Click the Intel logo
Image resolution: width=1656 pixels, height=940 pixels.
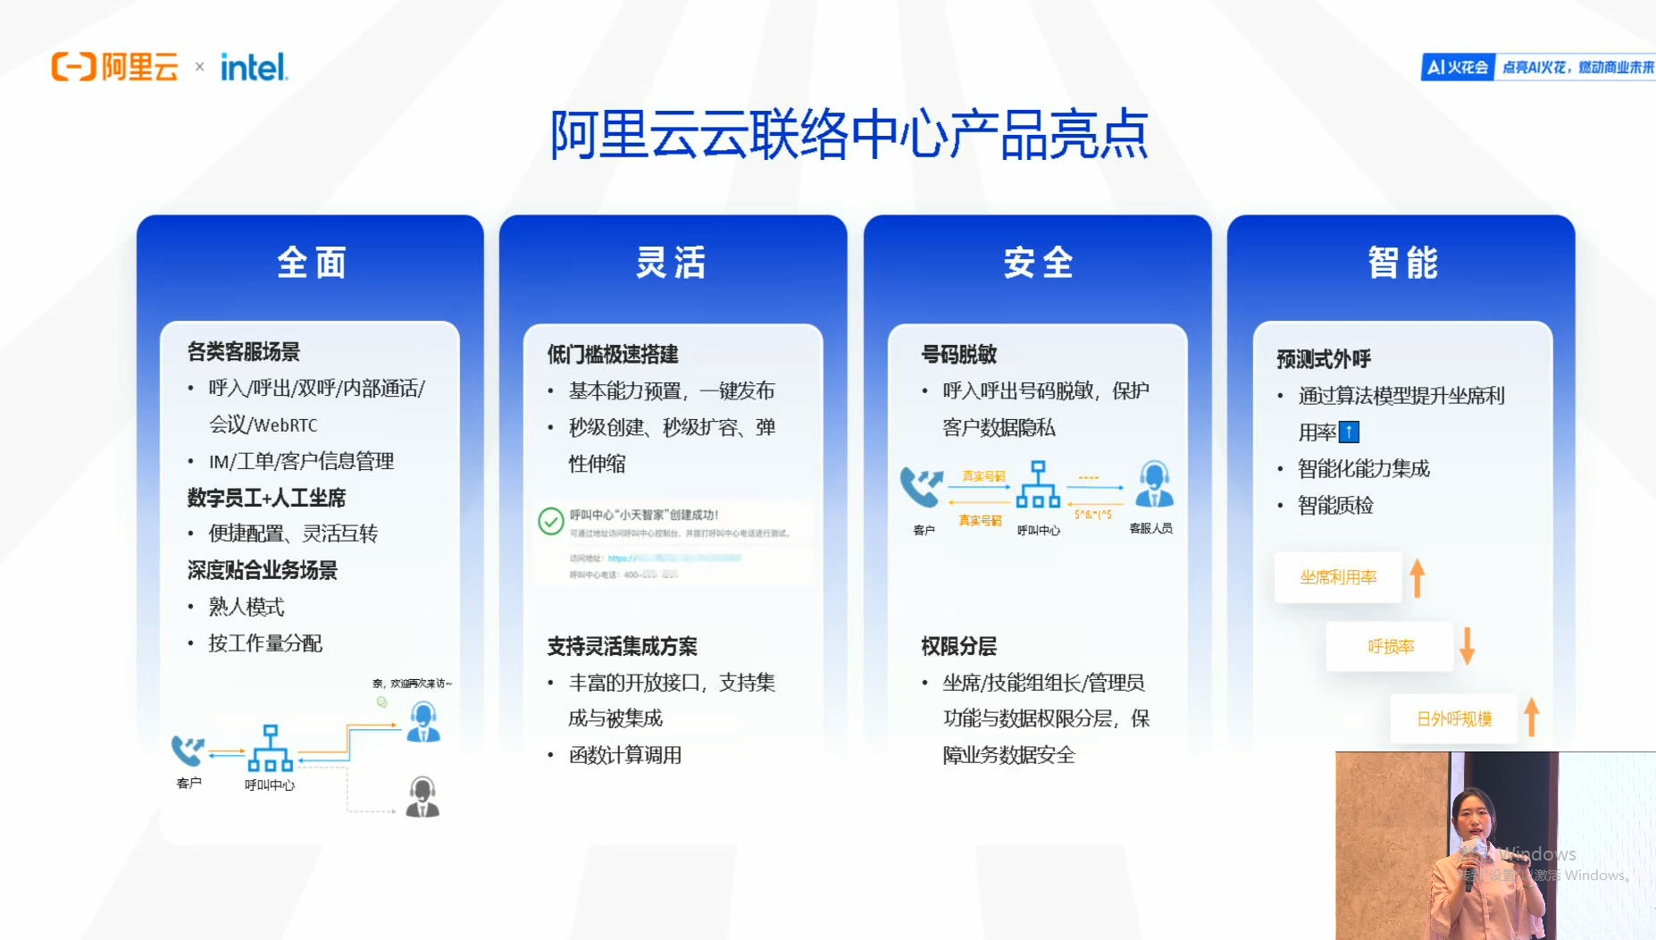pyautogui.click(x=254, y=67)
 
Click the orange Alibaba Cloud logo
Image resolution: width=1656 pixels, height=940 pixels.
pyautogui.click(x=115, y=67)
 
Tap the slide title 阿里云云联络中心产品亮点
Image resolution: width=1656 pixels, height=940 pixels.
pyautogui.click(x=849, y=135)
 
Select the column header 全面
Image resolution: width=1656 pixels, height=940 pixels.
pyautogui.click(x=311, y=263)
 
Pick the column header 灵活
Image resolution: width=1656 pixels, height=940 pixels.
pyautogui.click(x=672, y=263)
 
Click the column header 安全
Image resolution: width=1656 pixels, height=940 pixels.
pyautogui.click(x=1038, y=263)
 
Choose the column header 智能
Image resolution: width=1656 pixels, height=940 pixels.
pyautogui.click(x=1402, y=263)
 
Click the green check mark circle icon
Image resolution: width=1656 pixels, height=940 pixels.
pyautogui.click(x=550, y=521)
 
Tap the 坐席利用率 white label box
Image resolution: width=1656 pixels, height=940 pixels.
pyautogui.click(x=1337, y=577)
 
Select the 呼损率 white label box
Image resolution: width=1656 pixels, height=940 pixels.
pyautogui.click(x=1390, y=646)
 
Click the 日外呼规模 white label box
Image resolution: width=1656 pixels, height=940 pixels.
pyautogui.click(x=1453, y=718)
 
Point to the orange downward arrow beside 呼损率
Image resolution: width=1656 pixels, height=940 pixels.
pyautogui.click(x=1467, y=645)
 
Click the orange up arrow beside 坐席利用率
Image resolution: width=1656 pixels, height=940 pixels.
pyautogui.click(x=1418, y=577)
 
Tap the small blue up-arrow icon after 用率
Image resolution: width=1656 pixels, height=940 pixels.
pyautogui.click(x=1349, y=432)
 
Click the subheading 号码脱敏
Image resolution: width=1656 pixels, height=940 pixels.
pyautogui.click(x=958, y=355)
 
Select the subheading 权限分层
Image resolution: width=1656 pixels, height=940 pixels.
pyautogui.click(x=958, y=646)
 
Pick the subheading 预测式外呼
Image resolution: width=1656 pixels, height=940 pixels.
pyautogui.click(x=1323, y=359)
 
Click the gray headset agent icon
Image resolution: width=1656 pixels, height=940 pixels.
pyautogui.click(x=422, y=797)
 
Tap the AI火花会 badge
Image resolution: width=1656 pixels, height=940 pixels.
pyautogui.click(x=1458, y=67)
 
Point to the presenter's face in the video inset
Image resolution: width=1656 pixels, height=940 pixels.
pyautogui.click(x=1471, y=814)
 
